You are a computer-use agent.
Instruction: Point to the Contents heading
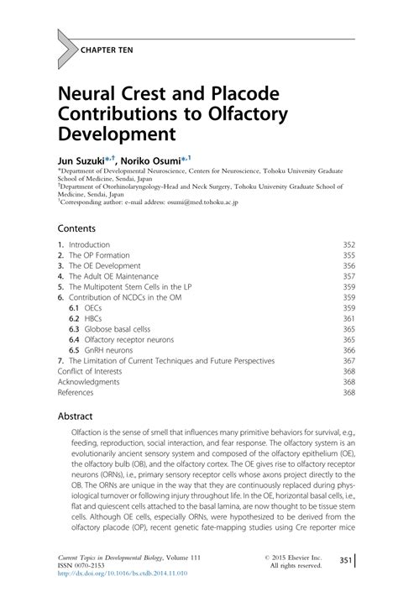tap(76, 228)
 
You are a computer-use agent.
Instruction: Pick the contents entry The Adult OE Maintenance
tap(113, 275)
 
